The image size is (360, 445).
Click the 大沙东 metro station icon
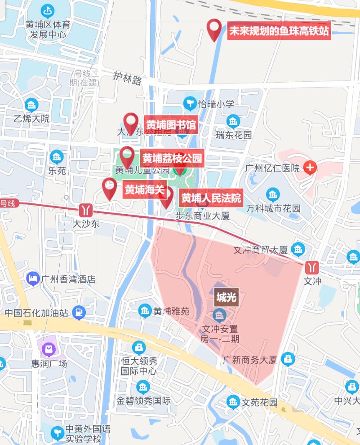(86, 210)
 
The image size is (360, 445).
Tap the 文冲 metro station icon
(311, 268)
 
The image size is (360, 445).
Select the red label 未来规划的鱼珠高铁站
(279, 31)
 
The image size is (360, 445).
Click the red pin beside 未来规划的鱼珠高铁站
(214, 29)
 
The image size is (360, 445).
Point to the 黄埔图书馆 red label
(171, 125)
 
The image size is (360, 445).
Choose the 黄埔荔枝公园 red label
(173, 158)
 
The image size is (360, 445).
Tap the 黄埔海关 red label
(144, 190)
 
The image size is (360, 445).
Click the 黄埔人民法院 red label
(211, 198)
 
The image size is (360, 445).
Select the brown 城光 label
(226, 297)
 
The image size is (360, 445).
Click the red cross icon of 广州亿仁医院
(310, 168)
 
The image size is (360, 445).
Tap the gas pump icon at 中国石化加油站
(79, 312)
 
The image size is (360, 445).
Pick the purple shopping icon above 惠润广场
(49, 348)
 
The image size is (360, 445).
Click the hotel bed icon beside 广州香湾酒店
(32, 278)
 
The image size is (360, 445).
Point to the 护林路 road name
(128, 79)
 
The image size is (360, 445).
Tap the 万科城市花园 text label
(273, 209)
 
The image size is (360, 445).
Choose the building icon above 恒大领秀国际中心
(138, 347)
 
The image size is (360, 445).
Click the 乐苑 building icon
(57, 157)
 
